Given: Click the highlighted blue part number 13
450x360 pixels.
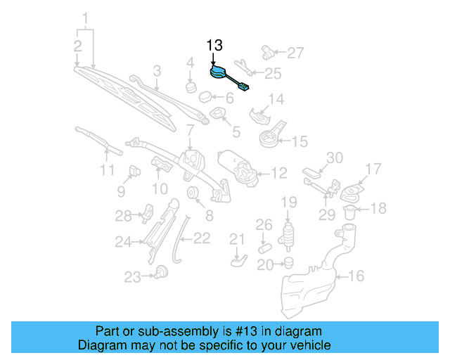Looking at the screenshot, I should [220, 73].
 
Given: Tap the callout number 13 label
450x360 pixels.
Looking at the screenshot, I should [214, 46].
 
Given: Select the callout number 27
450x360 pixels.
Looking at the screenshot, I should [296, 53].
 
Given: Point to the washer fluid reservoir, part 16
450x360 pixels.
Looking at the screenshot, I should [309, 281].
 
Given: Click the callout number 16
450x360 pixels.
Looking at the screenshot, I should [356, 276].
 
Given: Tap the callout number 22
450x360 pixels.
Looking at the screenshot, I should [202, 239].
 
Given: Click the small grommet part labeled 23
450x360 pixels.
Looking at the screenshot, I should [162, 271].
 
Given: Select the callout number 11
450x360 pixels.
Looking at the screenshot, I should [106, 171].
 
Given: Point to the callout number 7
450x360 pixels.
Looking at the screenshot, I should [190, 129].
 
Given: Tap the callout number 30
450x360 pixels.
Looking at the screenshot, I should [334, 157].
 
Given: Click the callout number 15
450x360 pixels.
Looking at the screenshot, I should [300, 141].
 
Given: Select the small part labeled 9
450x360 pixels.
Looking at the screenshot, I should [134, 170].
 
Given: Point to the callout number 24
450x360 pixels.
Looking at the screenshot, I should [124, 243].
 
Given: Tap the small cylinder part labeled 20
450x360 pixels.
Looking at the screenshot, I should [288, 264].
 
